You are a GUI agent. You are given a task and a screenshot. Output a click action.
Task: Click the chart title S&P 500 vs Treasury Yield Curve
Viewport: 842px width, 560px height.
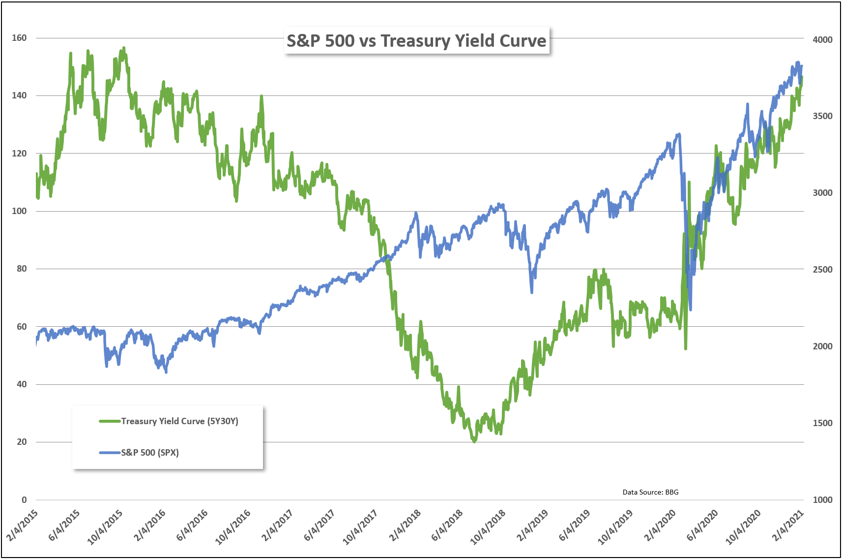pos(416,41)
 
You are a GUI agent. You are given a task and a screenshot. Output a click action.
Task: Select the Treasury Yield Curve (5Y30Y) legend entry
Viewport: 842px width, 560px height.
pos(179,421)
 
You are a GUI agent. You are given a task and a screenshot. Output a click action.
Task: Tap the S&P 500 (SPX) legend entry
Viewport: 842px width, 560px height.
pos(150,453)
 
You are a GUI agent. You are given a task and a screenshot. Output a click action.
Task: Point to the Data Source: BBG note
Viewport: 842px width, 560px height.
pos(650,492)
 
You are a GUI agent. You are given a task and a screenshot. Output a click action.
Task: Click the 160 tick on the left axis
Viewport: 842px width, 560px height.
pos(19,38)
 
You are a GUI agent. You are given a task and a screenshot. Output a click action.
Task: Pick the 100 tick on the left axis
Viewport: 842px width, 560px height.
pos(19,211)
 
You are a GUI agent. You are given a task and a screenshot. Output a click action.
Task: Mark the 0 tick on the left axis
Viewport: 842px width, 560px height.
pos(24,500)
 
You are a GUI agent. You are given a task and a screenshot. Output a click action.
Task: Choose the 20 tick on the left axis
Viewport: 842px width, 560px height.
pos(22,442)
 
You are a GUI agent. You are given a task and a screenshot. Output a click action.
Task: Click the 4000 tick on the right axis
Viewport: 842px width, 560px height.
pos(822,40)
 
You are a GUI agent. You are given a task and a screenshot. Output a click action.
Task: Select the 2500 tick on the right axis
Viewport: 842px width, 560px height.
pos(822,270)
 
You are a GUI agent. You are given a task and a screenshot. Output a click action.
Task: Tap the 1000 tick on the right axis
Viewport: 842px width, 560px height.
pos(822,500)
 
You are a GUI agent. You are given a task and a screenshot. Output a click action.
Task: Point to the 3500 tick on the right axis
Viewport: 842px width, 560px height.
pos(822,116)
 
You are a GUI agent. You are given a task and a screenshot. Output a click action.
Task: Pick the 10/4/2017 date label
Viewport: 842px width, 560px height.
pos(360,527)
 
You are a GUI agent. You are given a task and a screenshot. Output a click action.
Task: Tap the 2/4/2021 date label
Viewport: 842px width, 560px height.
pos(788,526)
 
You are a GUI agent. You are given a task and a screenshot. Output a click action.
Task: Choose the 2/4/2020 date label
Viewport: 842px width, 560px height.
pos(660,526)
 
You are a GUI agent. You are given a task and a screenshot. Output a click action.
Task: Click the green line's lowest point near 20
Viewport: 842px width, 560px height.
pos(474,441)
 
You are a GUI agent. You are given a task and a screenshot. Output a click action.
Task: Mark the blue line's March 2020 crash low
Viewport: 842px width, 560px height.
pos(690,310)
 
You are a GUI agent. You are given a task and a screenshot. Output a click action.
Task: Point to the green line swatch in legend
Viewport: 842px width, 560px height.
pos(110,421)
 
